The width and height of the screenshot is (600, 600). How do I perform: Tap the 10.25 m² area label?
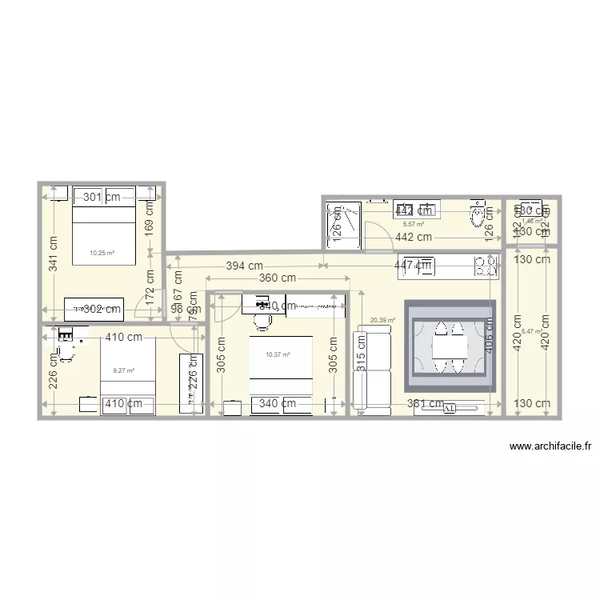click(102, 253)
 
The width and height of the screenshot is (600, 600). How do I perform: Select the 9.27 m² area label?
click(123, 370)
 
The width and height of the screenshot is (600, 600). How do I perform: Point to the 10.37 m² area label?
click(277, 354)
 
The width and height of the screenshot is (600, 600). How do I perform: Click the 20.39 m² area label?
click(382, 320)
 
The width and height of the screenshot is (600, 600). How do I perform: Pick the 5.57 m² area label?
click(412, 225)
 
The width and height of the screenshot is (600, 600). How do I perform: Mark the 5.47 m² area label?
click(531, 331)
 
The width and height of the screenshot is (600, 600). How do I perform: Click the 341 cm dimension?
click(52, 254)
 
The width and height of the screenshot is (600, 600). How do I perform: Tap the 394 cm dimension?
click(244, 266)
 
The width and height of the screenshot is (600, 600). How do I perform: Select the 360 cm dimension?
click(277, 278)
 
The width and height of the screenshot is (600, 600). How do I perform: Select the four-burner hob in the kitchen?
click(485, 267)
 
